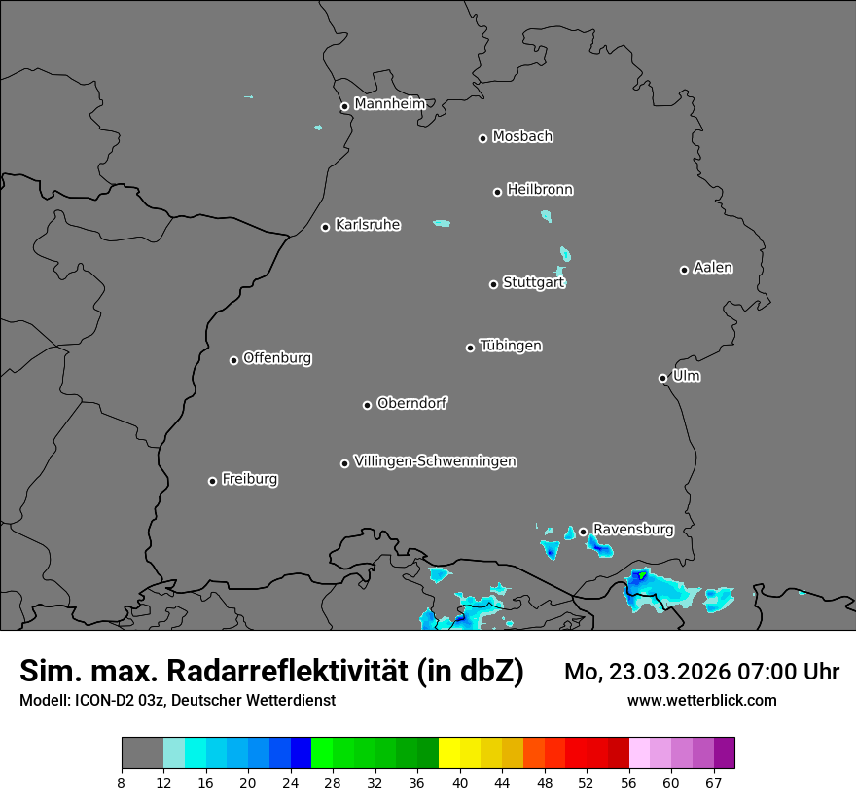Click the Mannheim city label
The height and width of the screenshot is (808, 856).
click(x=389, y=104)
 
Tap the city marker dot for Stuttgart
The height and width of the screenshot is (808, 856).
click(x=493, y=284)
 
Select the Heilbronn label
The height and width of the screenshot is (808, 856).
click(x=540, y=190)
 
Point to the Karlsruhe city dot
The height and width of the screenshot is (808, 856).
click(x=326, y=227)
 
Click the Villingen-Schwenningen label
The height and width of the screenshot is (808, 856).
click(x=435, y=461)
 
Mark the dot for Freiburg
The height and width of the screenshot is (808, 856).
click(x=212, y=481)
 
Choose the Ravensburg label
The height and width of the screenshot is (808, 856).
click(x=632, y=530)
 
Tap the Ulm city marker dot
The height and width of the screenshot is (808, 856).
click(x=662, y=378)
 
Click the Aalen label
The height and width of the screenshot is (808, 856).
click(x=713, y=268)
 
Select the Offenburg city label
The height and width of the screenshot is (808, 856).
click(x=277, y=358)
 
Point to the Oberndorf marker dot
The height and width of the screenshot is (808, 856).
click(x=368, y=405)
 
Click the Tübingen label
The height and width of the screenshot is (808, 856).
click(x=511, y=346)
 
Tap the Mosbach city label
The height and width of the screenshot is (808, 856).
click(x=522, y=137)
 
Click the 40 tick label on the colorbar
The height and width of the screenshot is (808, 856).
click(x=460, y=782)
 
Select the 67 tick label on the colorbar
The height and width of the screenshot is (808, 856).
click(x=714, y=782)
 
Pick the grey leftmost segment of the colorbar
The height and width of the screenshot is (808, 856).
click(x=142, y=753)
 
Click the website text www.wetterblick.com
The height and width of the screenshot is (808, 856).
click(x=701, y=700)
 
